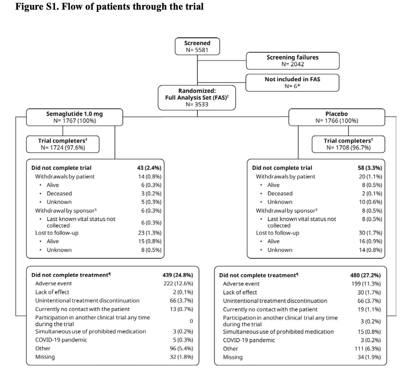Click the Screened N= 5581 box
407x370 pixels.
point(197,46)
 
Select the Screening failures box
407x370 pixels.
point(292,61)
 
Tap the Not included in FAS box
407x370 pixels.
point(292,83)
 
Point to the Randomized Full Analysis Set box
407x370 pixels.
point(197,98)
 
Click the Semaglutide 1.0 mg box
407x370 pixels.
point(74,117)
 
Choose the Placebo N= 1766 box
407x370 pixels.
point(336,117)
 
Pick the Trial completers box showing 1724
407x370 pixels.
point(63,144)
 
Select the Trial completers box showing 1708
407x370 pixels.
point(348,144)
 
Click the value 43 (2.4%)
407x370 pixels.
point(149,168)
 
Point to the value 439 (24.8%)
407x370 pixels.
point(178,275)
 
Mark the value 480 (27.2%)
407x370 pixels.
point(365,275)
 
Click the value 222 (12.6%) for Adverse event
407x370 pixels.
point(178,283)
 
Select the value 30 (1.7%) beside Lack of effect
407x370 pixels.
point(369,292)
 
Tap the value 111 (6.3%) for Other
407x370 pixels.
point(367,349)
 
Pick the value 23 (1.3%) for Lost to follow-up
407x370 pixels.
point(150,233)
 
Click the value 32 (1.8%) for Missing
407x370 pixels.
point(181,357)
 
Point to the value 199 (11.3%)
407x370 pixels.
point(366,284)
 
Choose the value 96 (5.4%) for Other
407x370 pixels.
point(181,348)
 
